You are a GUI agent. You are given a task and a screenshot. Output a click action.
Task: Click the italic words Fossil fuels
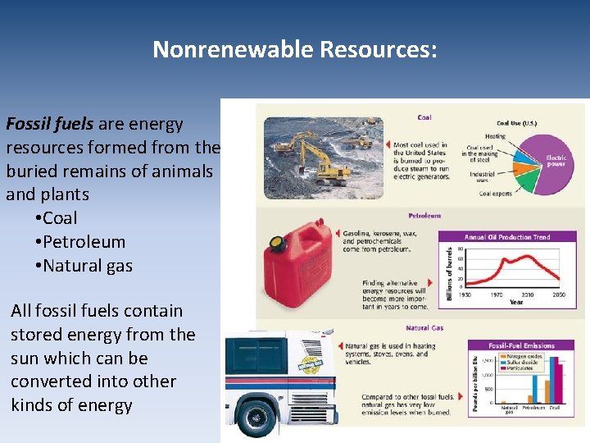[50, 124]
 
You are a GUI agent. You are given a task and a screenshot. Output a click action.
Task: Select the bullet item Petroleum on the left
[84, 242]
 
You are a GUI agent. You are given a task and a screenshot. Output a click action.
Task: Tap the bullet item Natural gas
[87, 266]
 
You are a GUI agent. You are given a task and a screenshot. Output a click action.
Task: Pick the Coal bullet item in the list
[60, 218]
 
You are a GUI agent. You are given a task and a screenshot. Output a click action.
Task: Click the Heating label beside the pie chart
[495, 136]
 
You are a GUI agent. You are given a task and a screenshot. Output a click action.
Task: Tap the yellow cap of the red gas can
[277, 243]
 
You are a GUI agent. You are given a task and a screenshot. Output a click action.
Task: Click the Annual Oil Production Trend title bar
[508, 237]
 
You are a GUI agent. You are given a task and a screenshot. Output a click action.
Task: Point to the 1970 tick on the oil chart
[497, 294]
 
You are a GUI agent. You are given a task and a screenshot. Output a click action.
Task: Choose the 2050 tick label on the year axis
[558, 294]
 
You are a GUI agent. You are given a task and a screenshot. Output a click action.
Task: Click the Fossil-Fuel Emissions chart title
[520, 345]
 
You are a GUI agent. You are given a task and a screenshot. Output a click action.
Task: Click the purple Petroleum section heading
[424, 216]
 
